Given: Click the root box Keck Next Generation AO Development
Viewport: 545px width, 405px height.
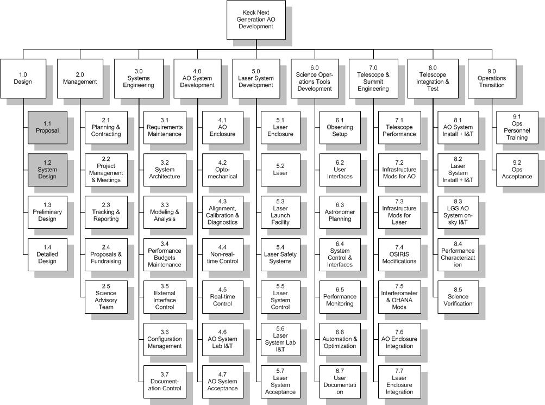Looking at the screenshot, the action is coord(256,20).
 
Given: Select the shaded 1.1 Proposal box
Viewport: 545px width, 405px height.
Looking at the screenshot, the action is coord(47,128).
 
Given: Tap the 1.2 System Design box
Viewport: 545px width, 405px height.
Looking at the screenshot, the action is coord(47,170).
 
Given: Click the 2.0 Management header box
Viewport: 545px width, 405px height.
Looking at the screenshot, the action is coord(80,79).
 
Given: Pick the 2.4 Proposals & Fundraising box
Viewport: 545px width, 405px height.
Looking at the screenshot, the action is coord(106,255).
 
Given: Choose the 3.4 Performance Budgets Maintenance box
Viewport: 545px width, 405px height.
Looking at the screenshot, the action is coord(165,255).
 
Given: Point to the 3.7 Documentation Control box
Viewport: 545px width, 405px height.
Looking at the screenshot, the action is coord(165,382).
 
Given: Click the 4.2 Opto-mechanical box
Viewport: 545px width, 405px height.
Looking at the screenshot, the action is coord(222,170).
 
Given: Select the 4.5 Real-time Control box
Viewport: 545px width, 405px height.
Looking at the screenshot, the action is coord(222,297).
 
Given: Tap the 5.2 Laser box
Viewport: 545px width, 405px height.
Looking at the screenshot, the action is coord(280,170).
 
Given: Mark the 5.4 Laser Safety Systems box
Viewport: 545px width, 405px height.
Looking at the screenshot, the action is coord(280,255).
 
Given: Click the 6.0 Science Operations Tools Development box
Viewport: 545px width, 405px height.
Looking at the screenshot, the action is coord(315,79).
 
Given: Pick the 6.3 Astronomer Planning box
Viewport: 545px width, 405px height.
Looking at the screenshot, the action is coord(340,213).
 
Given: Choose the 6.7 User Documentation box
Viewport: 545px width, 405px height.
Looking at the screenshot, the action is coord(340,382).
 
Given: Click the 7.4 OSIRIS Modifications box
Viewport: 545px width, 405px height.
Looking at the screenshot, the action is coord(399,255).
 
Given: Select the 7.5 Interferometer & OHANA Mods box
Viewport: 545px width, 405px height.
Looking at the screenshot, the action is coord(399,297).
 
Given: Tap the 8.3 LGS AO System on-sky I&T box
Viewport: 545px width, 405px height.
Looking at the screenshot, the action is coord(458,213).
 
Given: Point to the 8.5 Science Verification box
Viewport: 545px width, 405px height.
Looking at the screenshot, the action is coord(458,297).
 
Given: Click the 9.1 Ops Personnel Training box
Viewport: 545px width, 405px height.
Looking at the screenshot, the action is coord(517,128).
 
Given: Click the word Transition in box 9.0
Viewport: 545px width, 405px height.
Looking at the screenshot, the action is coord(492,85).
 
